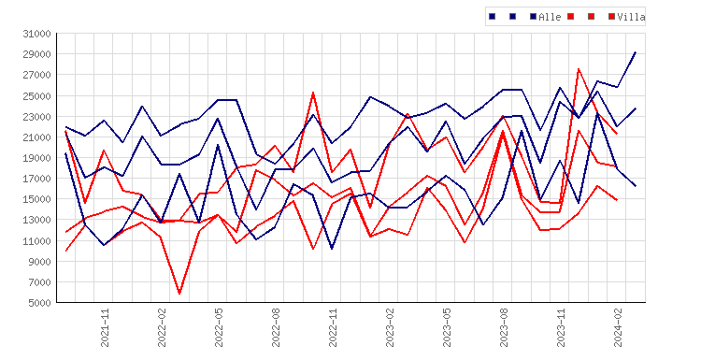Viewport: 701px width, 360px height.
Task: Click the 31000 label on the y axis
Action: (x=37, y=34)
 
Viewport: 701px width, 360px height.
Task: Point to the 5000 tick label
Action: (x=40, y=303)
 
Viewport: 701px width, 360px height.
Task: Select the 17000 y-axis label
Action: (x=37, y=179)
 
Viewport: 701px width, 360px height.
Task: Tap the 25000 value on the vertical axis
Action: (x=37, y=95)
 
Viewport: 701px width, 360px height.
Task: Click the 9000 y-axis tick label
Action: (x=40, y=261)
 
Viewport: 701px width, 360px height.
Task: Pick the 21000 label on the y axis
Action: (x=37, y=137)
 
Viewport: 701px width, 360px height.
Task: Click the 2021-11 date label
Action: (x=105, y=328)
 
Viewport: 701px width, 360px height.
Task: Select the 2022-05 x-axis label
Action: (x=219, y=328)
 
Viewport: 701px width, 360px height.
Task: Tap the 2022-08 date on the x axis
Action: (x=276, y=328)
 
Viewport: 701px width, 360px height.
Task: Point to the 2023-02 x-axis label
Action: (x=390, y=328)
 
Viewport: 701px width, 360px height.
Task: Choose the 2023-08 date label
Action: (x=504, y=328)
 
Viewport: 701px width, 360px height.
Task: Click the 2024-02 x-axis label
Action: (x=618, y=328)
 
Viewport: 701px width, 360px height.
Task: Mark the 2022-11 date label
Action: (x=333, y=328)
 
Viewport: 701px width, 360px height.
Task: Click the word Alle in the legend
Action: (x=550, y=17)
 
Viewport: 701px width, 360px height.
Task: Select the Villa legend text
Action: (x=631, y=17)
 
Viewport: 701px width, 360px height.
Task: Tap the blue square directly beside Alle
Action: (x=534, y=17)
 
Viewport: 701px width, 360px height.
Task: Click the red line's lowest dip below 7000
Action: (x=179, y=294)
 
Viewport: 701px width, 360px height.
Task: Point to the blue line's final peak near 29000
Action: (x=636, y=52)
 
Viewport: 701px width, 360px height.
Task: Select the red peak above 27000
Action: (x=579, y=69)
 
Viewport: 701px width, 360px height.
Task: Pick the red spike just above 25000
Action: (x=313, y=93)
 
